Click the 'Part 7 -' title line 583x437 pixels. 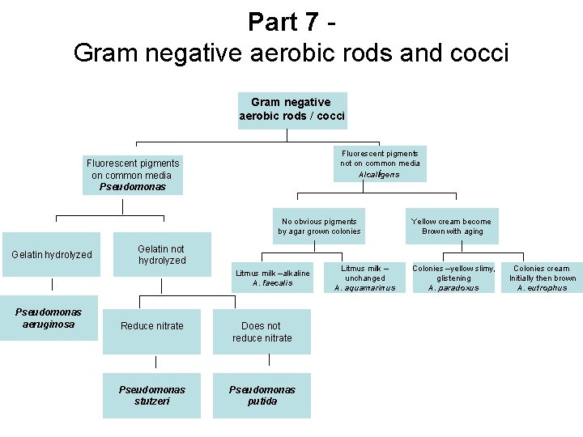(x=291, y=21)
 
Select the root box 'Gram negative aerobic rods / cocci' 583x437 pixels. (x=291, y=109)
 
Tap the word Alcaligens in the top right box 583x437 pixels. (x=380, y=174)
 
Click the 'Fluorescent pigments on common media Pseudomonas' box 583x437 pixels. (x=133, y=175)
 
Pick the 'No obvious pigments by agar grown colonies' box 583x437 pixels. (x=319, y=226)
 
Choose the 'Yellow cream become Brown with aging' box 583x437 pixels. (x=451, y=226)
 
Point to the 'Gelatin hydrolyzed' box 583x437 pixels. (x=52, y=255)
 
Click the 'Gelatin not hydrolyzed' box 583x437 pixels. (x=161, y=255)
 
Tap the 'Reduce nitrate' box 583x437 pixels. (x=151, y=326)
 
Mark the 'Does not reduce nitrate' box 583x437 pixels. (x=262, y=332)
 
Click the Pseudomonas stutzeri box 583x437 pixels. (x=151, y=395)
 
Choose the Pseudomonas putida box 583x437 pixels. (x=262, y=395)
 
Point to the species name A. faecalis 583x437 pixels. (x=272, y=283)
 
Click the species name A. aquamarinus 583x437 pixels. (x=364, y=288)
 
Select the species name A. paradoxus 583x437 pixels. (x=453, y=288)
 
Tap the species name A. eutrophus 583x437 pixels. (x=543, y=288)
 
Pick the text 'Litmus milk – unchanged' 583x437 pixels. (x=364, y=273)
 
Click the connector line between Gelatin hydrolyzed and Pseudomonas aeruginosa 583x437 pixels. (x=52, y=284)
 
